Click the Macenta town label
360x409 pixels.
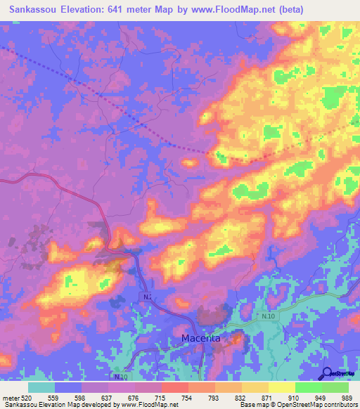click(x=200, y=338)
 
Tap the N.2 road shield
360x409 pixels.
click(x=147, y=297)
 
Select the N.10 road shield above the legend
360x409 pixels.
click(x=120, y=377)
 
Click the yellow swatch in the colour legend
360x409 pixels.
click(x=282, y=387)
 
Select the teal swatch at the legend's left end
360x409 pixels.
click(x=41, y=387)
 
